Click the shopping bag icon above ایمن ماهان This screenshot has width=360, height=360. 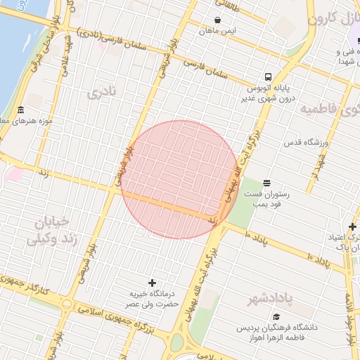coord(219,20)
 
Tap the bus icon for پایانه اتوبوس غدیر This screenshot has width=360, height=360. coord(268,77)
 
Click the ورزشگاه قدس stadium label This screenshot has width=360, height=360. coord(307,143)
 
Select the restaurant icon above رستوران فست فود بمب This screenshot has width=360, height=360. coord(266,183)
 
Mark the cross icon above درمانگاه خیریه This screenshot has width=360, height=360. coord(152,282)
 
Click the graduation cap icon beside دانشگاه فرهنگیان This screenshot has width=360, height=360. coord(276,317)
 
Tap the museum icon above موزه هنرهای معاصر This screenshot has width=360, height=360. coord(20,110)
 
